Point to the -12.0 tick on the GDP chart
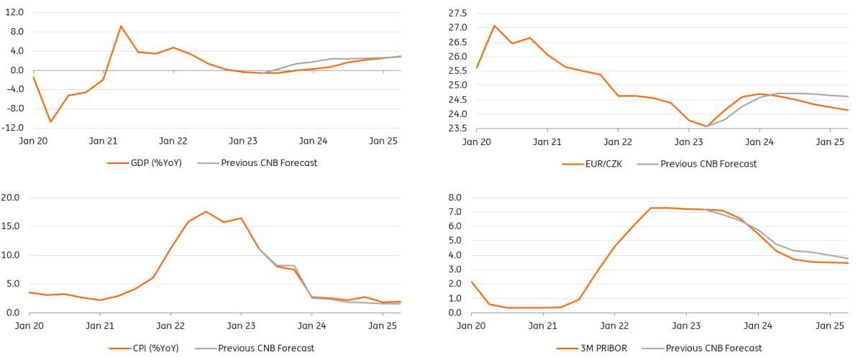12,128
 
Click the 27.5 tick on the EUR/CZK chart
457,13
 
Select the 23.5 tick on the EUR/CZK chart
457,129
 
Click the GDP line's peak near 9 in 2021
121,27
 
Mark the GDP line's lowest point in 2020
50,121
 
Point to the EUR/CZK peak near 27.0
495,26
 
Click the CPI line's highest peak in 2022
206,211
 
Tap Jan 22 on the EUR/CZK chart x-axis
618,142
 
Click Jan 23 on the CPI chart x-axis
241,325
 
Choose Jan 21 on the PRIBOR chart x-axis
544,325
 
